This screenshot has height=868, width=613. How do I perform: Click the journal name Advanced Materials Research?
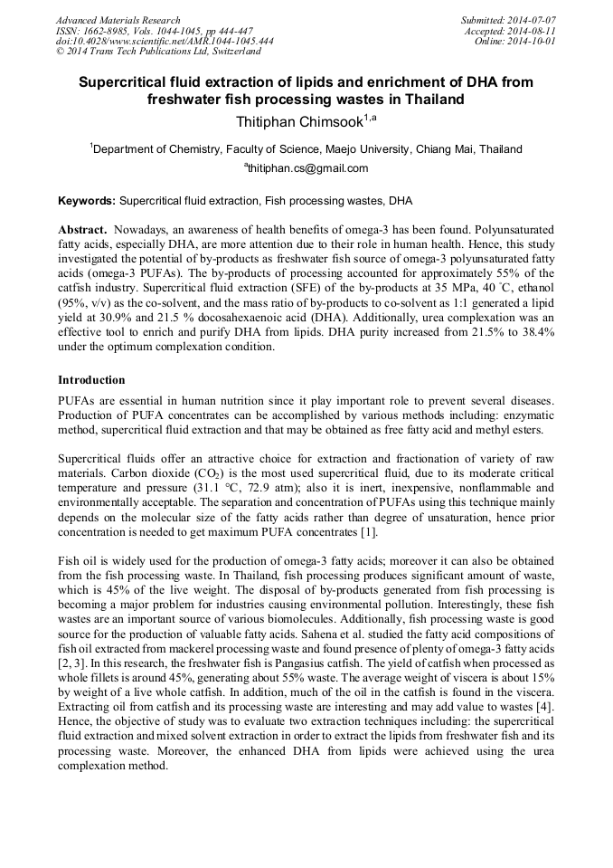point(118,20)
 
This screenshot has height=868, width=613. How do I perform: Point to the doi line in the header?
point(165,41)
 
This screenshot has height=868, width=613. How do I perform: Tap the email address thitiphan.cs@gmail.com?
point(307,168)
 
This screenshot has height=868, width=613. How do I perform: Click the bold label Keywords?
point(87,200)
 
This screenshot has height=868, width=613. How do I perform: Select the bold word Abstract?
point(82,231)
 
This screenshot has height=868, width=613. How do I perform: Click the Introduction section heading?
point(91,379)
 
